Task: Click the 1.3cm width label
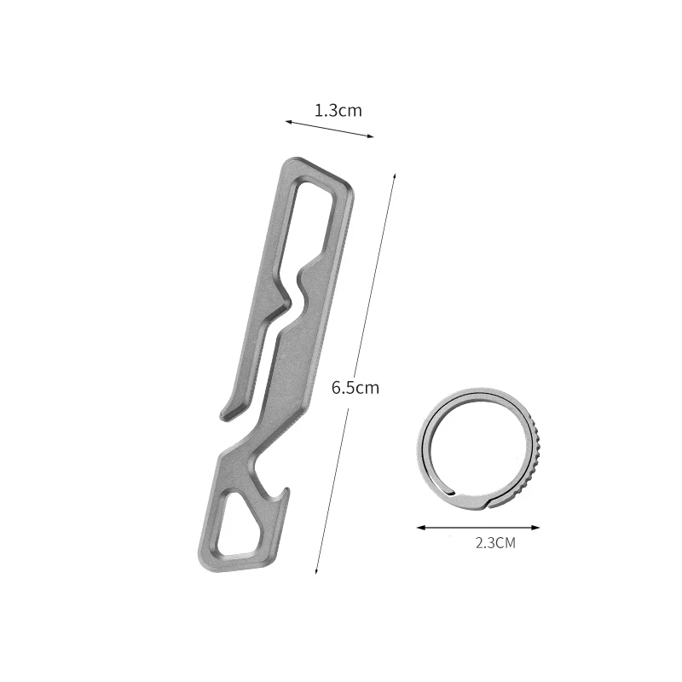tap(338, 110)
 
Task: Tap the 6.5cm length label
tap(355, 387)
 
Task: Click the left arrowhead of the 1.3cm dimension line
tap(287, 123)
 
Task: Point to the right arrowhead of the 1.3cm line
tap(372, 136)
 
